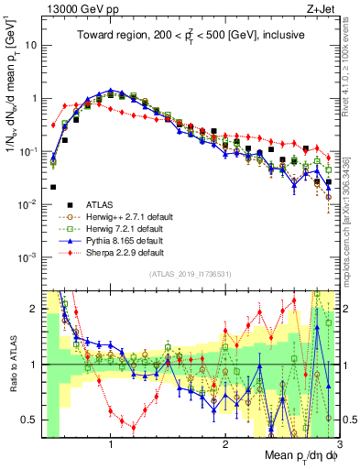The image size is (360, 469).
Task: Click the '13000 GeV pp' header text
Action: point(76,10)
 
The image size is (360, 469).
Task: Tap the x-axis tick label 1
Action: point(111,445)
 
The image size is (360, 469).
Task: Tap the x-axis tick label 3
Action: point(338,445)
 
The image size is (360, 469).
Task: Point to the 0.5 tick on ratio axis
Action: point(31,420)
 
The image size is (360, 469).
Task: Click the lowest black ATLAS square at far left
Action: point(54,187)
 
